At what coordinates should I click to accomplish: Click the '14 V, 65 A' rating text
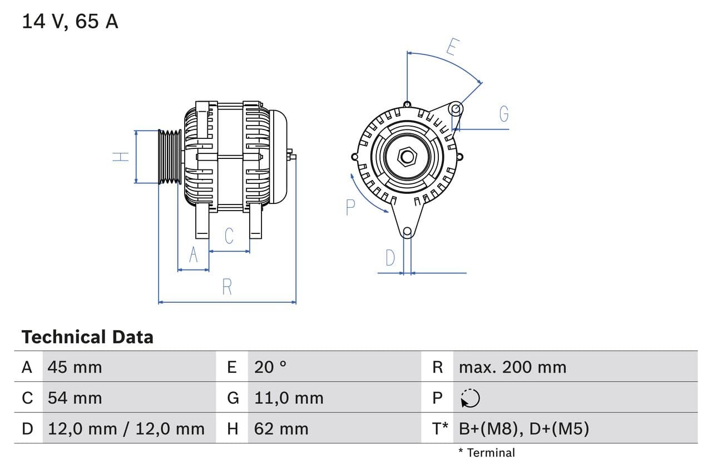70,22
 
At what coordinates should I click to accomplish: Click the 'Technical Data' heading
87,337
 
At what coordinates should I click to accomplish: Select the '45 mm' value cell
75,367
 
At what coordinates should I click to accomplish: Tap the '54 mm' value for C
75,398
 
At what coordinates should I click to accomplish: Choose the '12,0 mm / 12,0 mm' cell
126,428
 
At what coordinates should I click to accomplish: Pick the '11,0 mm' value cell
289,398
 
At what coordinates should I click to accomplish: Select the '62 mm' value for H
281,428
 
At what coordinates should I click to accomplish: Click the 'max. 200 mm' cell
512,367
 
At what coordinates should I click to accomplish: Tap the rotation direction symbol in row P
471,398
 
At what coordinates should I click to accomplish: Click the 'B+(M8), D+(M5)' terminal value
523,428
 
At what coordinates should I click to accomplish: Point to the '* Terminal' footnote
487,453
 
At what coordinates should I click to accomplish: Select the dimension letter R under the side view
227,287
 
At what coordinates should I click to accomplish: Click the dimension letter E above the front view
452,48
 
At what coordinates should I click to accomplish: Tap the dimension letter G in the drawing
504,114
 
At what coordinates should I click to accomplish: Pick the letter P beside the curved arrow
350,207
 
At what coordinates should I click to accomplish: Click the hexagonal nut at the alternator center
407,157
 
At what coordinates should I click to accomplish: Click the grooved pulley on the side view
170,157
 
